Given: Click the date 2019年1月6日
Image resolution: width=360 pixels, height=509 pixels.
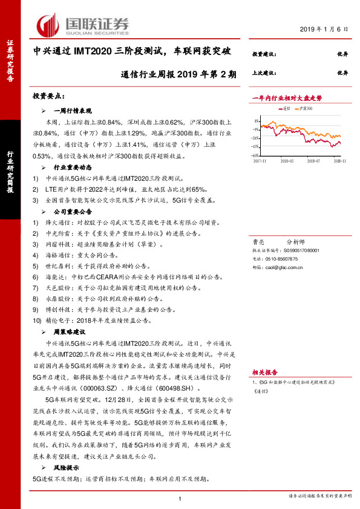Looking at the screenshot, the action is coord(325,29).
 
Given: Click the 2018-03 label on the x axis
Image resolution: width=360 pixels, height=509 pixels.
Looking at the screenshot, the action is coord(287,161).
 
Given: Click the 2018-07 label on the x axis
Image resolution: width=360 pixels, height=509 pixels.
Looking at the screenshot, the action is coord(313,161).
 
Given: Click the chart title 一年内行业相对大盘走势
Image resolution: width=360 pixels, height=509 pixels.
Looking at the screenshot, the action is coord(287,97).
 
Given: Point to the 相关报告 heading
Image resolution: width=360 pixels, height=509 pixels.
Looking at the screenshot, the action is coord(264,372).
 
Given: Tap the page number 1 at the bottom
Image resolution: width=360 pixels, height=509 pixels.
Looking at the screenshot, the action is coord(180,497).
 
